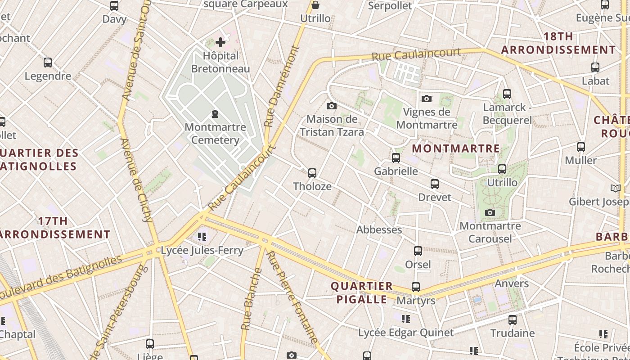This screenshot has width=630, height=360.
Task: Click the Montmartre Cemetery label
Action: (215, 134)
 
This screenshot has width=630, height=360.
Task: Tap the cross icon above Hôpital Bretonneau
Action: (220, 42)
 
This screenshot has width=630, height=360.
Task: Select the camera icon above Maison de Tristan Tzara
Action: (332, 106)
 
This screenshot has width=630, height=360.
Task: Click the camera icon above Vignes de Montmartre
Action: (427, 99)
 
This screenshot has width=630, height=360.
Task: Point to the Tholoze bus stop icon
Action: (312, 173)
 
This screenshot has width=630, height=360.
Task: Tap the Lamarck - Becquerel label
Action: (507, 114)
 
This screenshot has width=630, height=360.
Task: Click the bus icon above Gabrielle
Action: (396, 158)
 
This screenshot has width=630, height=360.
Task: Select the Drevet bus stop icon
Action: (435, 184)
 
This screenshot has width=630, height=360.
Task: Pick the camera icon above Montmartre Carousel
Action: (490, 212)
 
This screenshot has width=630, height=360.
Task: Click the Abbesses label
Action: (379, 229)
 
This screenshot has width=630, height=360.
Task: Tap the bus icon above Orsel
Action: (418, 251)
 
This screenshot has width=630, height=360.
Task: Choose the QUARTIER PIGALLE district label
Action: (362, 292)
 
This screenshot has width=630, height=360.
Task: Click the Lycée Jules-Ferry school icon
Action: (202, 236)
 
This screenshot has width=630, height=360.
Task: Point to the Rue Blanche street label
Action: (246, 299)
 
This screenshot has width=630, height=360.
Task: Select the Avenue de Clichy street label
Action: (137, 180)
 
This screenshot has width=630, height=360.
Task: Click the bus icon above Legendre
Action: (48, 63)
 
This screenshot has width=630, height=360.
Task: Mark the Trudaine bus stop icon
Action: (513, 320)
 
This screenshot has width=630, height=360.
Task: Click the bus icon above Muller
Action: (581, 147)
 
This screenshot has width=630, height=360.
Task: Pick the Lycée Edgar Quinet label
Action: (406, 333)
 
